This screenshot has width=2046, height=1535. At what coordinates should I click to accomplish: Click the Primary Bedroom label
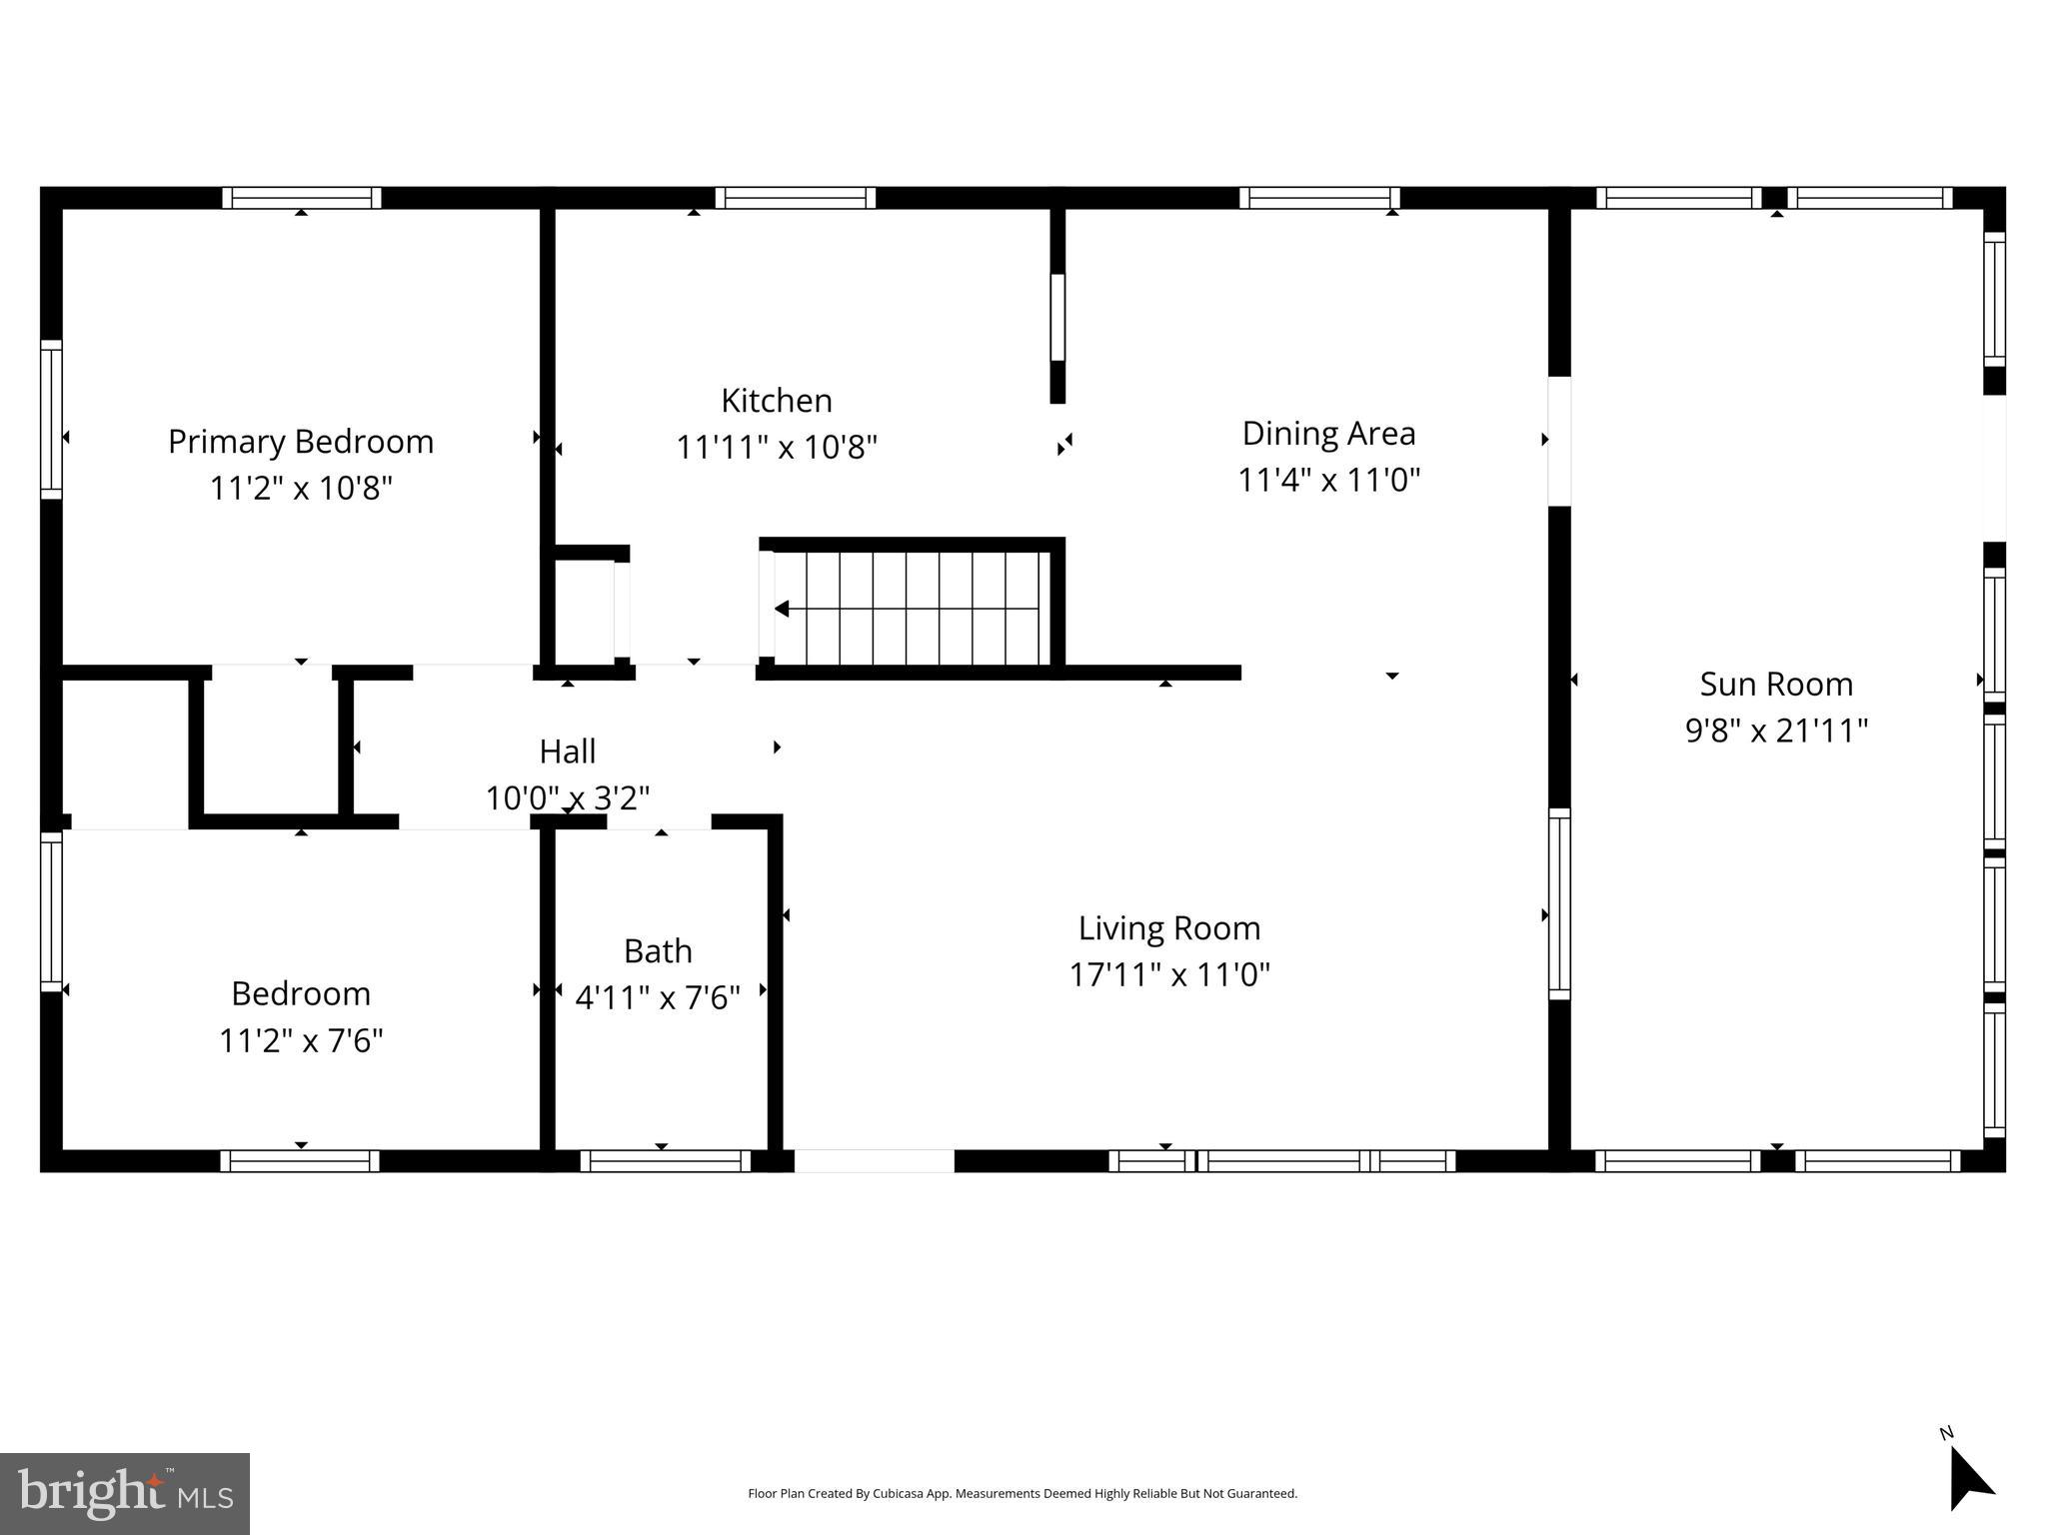pos(300,442)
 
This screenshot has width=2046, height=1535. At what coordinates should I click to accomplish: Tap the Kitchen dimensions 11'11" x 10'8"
pos(777,447)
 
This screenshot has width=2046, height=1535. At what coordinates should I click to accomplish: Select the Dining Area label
pos(1328,434)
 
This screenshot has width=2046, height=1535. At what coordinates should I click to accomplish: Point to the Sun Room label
pos(1776,685)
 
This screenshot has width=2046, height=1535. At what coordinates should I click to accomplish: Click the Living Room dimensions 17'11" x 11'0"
pos(1168,974)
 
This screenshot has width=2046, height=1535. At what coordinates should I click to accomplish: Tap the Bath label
pos(658,951)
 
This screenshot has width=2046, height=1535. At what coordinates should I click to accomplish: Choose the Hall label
pos(567,752)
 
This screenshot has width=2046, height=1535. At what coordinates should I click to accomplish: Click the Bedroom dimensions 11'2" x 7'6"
pos(301,1040)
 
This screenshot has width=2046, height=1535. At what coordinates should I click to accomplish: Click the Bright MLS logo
pos(125,1493)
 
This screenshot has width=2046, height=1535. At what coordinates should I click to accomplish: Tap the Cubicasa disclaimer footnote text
pos(1022,1494)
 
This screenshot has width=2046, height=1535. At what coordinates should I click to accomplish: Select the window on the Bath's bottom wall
pos(665,1161)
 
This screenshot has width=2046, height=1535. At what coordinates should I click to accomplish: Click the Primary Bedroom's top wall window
pos(301,198)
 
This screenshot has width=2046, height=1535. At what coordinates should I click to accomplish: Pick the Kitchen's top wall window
pos(795,198)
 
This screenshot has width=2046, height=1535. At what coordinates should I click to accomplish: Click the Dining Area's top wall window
pos(1319,198)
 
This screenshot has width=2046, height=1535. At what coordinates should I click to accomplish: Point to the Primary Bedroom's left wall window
pos(51,419)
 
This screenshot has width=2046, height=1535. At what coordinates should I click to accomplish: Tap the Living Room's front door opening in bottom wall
pos(874,1161)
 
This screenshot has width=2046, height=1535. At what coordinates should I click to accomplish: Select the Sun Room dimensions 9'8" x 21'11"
pos(1776,731)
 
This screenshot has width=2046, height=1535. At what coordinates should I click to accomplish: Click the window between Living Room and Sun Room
pos(1559,903)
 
